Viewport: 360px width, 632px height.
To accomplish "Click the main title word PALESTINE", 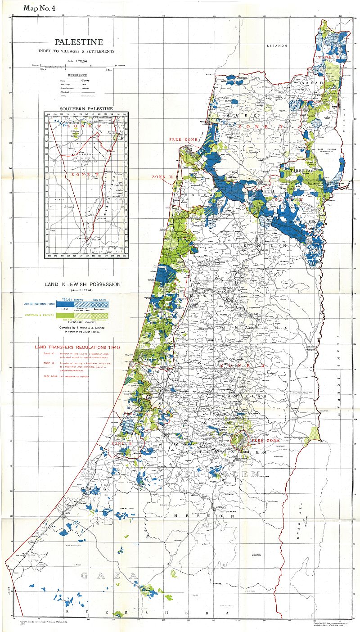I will (x=79, y=42).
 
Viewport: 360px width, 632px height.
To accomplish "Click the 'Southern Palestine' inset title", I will (x=86, y=108).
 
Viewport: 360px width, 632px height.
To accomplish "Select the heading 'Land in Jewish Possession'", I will (x=82, y=284).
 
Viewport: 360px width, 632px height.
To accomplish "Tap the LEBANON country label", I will (x=277, y=46).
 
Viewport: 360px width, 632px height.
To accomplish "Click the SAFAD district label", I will (x=312, y=84).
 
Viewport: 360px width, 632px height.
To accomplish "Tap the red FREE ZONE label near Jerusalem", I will (x=265, y=440).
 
